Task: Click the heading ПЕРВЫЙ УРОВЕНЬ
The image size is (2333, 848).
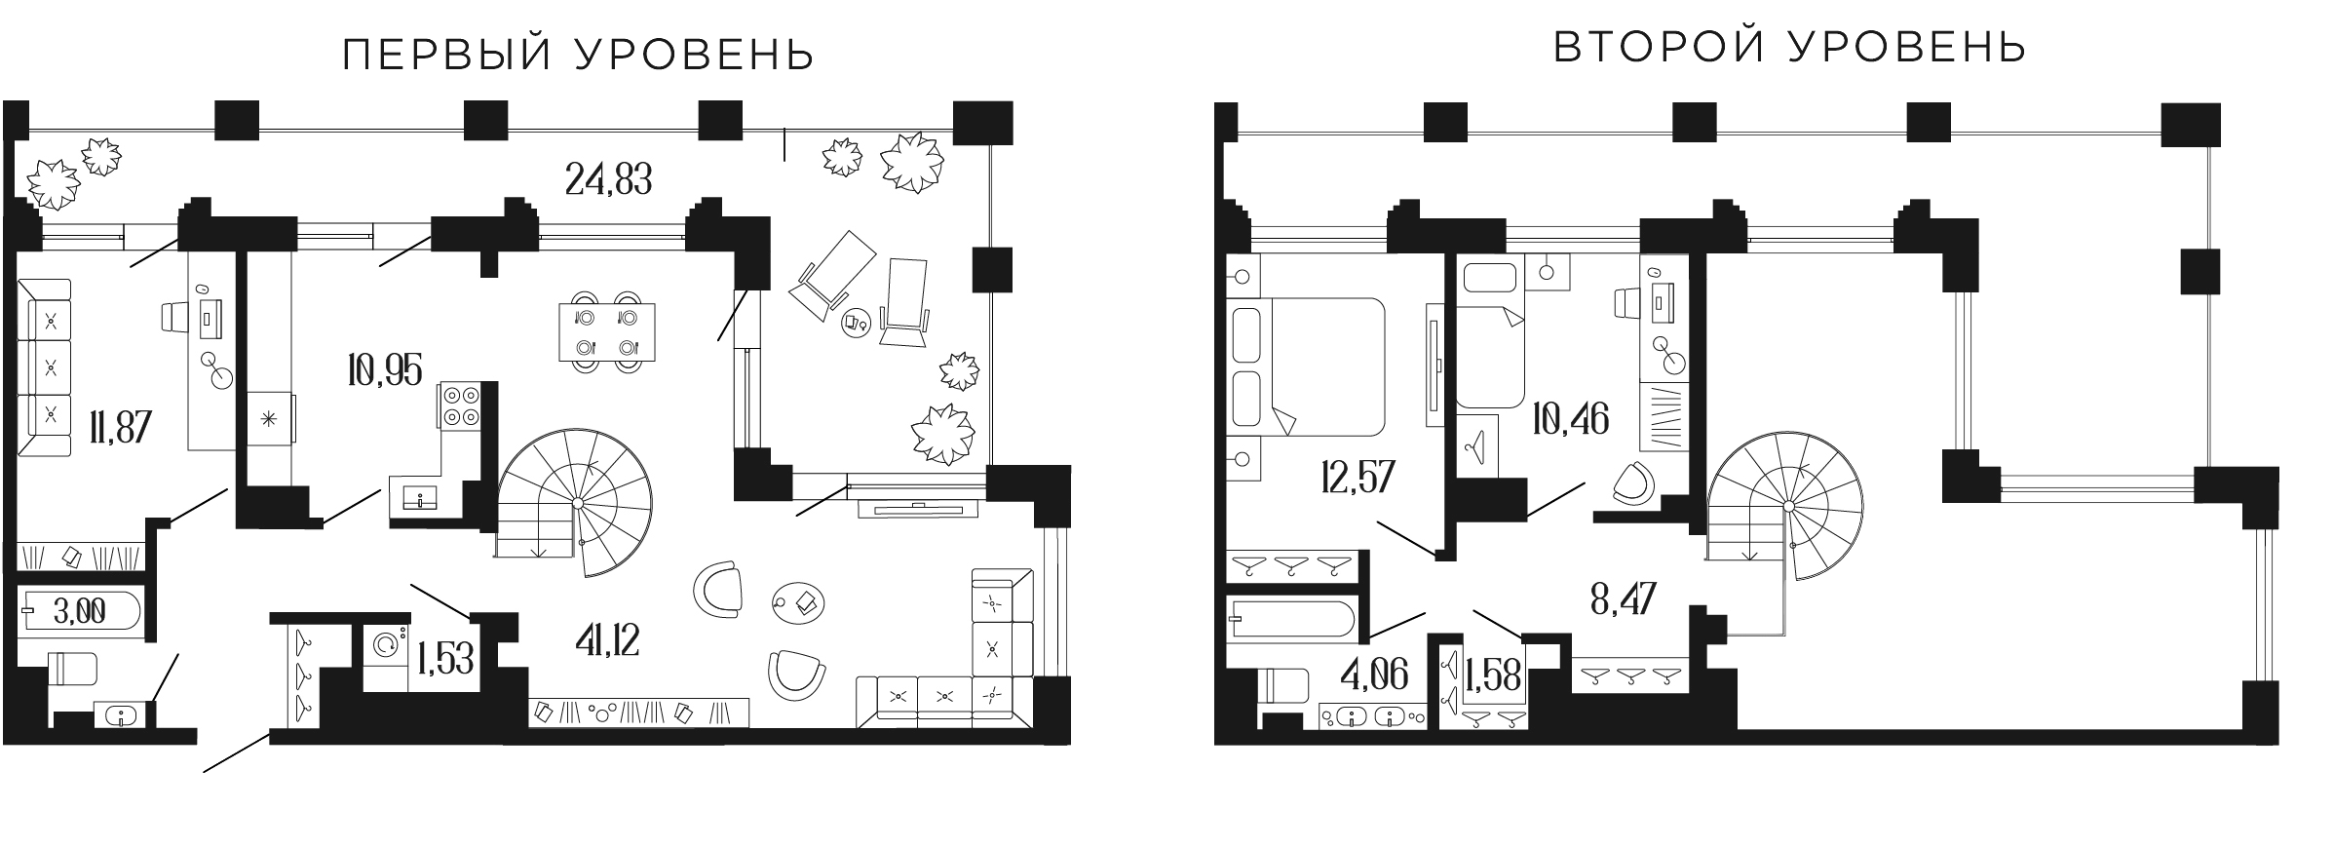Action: click(x=578, y=56)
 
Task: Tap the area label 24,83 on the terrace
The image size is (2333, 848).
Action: click(x=608, y=179)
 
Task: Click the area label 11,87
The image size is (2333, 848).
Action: click(x=119, y=427)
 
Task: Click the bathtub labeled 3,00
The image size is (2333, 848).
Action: click(x=80, y=612)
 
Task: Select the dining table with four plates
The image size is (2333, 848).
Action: click(x=606, y=331)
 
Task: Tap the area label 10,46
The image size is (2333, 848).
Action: click(x=1569, y=419)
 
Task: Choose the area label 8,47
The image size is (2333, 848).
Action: click(x=1622, y=598)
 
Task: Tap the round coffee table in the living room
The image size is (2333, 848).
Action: click(x=799, y=601)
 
